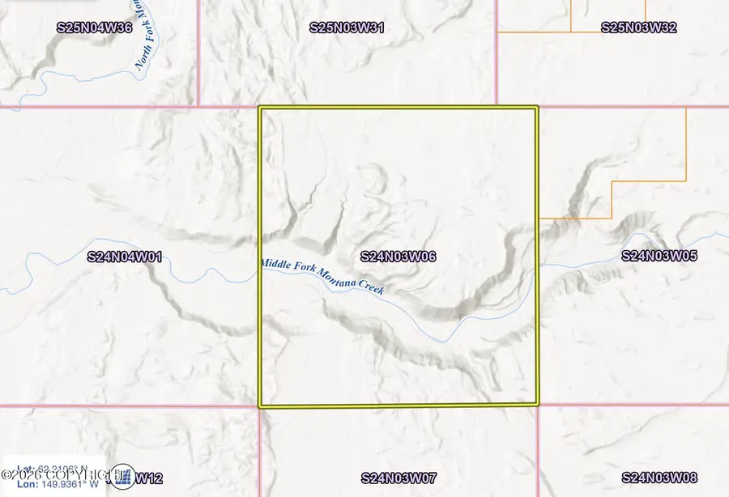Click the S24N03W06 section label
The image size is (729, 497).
(x=399, y=257)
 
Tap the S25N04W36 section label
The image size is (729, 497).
(x=95, y=28)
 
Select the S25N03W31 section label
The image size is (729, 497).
(x=347, y=28)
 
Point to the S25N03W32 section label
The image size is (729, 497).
(x=638, y=28)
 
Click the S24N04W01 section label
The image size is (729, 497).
(x=125, y=257)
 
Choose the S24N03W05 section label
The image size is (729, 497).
(x=659, y=256)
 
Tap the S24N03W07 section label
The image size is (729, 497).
(x=399, y=478)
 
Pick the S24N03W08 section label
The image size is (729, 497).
(x=659, y=478)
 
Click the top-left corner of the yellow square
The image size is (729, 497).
(x=260, y=108)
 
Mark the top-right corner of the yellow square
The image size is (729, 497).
(x=536, y=108)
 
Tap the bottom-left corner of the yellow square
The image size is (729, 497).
(x=260, y=406)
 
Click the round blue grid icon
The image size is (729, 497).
(x=123, y=478)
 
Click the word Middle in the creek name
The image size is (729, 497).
(x=275, y=264)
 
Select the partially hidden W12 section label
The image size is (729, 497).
(x=149, y=478)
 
